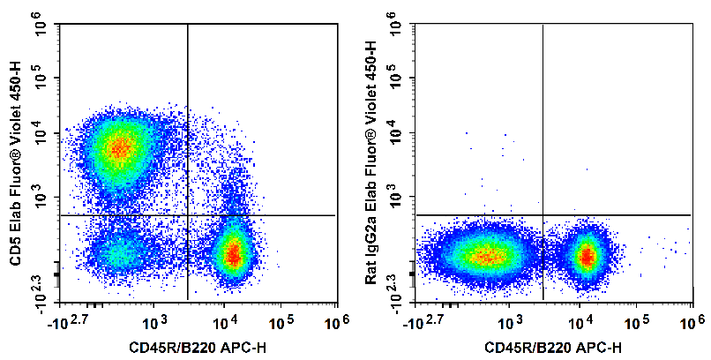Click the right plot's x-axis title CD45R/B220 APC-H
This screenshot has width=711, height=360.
[x=550, y=346]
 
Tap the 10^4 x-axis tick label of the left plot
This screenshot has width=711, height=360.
[x=225, y=317]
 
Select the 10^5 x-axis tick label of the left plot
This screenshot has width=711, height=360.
[x=281, y=317]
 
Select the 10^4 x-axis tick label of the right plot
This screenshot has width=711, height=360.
[x=580, y=317]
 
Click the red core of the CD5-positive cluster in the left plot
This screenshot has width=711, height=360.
[x=121, y=146]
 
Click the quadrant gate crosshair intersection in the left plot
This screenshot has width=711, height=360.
[x=188, y=215]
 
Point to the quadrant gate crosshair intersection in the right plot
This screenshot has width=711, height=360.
[x=543, y=215]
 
